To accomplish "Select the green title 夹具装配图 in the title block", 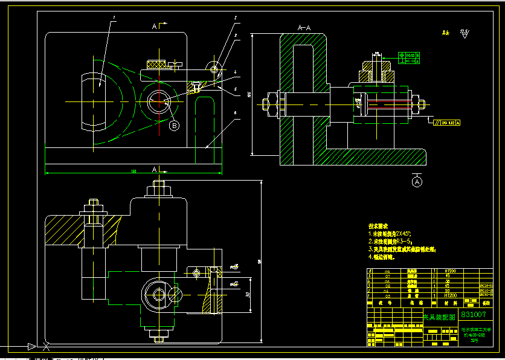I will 439,316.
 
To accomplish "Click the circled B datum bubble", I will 174,126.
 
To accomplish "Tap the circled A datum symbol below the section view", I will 417,180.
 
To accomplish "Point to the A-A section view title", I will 304,28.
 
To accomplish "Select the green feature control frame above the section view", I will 409,58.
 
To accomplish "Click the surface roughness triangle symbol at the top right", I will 465,34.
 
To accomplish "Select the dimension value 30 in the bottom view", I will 248,294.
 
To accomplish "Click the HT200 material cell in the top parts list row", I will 450,271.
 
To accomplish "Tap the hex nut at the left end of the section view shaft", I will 266,104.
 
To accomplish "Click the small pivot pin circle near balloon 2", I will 214,69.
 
